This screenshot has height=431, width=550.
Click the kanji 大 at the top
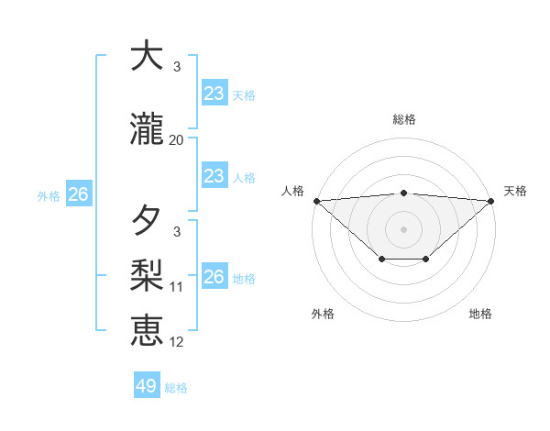tap(147, 57)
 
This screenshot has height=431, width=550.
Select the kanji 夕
tap(147, 221)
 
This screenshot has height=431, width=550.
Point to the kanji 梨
tap(147, 274)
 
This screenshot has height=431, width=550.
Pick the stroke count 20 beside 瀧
tap(177, 140)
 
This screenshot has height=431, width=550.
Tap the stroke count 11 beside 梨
tap(177, 287)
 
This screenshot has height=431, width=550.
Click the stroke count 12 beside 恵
tap(177, 342)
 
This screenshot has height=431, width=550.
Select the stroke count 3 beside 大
tap(177, 67)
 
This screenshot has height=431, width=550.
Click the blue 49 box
tap(147, 386)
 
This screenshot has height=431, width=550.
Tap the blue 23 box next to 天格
tap(214, 93)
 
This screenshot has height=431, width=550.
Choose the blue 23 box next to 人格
tap(214, 175)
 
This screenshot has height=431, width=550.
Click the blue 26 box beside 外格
tap(78, 194)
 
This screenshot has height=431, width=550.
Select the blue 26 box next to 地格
tap(214, 276)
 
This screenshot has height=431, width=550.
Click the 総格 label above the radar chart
tap(403, 119)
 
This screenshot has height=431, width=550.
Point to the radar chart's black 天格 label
tap(515, 191)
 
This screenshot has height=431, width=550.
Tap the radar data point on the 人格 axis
tap(316, 200)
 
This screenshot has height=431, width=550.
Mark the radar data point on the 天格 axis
tap(491, 200)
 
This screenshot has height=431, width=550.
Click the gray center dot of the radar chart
tap(403, 228)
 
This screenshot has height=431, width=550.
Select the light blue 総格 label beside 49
tap(176, 388)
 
